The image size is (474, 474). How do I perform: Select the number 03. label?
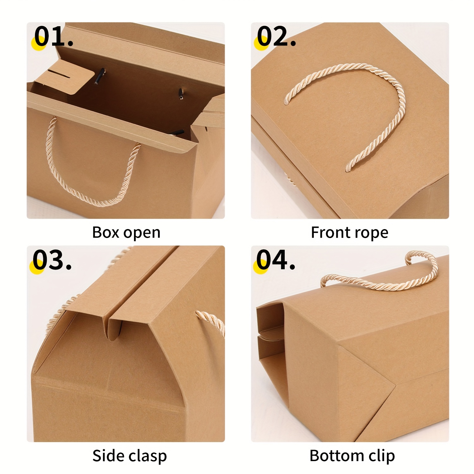pyautogui.click(x=52, y=260)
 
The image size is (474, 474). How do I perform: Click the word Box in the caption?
pyautogui.click(x=106, y=233)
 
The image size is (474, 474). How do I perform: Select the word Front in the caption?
pyautogui.click(x=331, y=233)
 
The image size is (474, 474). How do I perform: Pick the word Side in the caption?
pyautogui.click(x=106, y=456)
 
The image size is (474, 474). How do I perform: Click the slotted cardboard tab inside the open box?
pyautogui.click(x=65, y=81)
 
